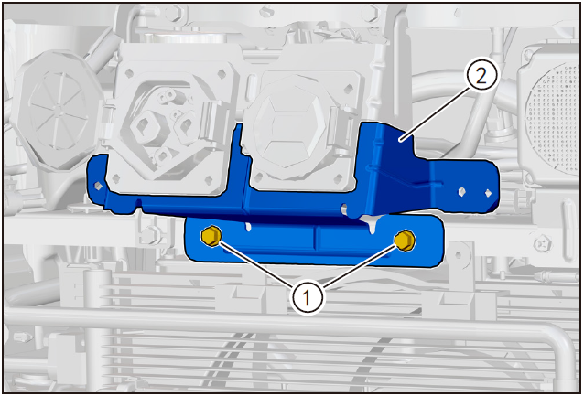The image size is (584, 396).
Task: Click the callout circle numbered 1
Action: coord(307,298)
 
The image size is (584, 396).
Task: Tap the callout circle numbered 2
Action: coord(481,76)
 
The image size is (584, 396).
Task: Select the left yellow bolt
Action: coord(211,236)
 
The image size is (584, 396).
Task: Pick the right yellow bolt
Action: coord(405,241)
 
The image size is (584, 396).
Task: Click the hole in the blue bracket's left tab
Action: coord(98,186)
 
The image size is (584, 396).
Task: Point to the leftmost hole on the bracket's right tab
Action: coord(461,192)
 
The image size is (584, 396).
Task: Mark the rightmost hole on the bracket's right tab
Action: coord(488,193)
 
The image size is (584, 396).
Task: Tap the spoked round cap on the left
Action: coord(58,108)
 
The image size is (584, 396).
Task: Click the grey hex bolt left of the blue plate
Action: coord(149,235)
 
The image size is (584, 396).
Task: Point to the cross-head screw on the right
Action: coord(542,244)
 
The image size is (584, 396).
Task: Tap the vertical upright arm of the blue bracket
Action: coord(238,164)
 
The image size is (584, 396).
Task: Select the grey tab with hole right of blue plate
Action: coord(460,255)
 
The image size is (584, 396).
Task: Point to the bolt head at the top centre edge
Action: coord(266,11)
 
